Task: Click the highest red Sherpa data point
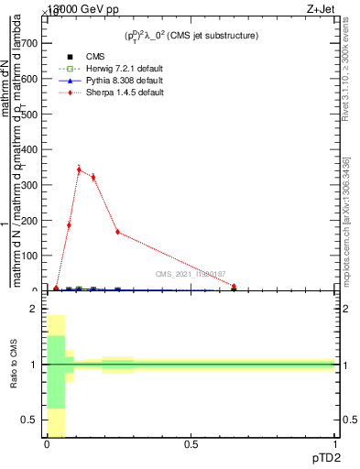coord(79,169)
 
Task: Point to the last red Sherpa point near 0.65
coord(234,287)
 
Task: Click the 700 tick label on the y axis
coord(27,43)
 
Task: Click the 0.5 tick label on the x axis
coord(191,444)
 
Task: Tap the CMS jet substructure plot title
coord(191,36)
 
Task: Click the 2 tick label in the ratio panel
coord(32,310)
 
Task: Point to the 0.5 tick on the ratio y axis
coord(29,420)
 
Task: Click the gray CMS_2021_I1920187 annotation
coord(191,275)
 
